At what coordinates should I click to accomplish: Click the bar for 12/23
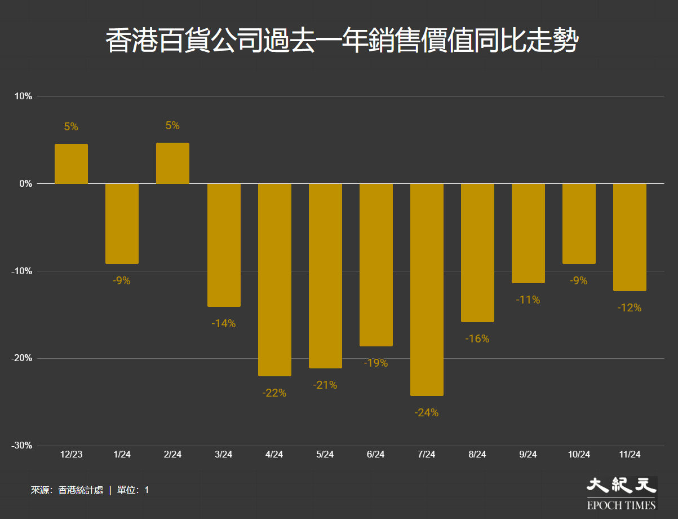pos(71,164)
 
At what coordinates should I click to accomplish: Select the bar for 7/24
pos(427,289)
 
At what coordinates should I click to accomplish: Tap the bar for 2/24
pos(172,163)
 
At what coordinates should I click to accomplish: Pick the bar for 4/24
pos(274,279)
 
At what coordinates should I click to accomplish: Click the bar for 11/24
pos(630,237)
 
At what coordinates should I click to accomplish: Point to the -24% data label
pos(426,413)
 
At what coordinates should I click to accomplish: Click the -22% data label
pos(274,393)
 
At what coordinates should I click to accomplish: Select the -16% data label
pos(477,339)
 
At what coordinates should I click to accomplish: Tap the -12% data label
pos(629,308)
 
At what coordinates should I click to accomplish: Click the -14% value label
pos(223,324)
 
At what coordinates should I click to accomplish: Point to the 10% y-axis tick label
pos(23,96)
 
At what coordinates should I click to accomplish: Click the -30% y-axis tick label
pos(21,446)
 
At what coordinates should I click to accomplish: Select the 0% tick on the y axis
pos(25,184)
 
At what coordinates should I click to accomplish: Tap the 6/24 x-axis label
pos(375,455)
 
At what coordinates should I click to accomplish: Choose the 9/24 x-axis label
pos(528,455)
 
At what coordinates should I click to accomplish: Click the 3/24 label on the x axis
pos(223,455)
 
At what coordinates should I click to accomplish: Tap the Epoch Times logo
pos(622,492)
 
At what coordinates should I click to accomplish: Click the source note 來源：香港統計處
pos(67,490)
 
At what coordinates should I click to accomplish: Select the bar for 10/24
pos(579,223)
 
